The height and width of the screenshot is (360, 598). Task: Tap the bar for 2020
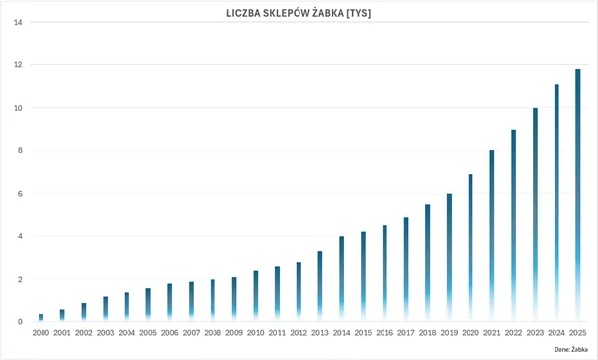click(470, 248)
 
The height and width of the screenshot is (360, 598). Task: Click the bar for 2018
click(428, 263)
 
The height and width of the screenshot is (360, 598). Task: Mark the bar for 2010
click(256, 297)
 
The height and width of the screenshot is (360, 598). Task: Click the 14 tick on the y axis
click(18, 22)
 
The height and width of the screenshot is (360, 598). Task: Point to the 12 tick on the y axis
click(18, 65)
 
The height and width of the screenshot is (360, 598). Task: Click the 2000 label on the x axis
click(41, 334)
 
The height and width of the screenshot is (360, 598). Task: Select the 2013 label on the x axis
click(320, 334)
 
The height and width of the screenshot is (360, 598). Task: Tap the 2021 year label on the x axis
click(492, 334)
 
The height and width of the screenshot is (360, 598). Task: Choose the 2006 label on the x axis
click(170, 334)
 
